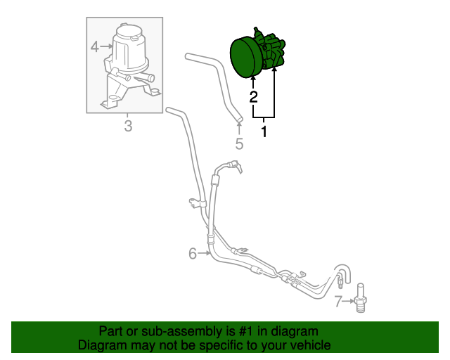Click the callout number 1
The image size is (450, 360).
[264, 131]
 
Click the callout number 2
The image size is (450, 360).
[253, 96]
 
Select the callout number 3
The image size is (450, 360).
[128, 127]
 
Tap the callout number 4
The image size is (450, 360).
[94, 47]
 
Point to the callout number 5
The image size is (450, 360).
[239, 144]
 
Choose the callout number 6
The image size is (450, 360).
[192, 254]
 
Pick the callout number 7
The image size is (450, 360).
[338, 303]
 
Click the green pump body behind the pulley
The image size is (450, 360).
[274, 52]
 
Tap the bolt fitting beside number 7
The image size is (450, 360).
[361, 298]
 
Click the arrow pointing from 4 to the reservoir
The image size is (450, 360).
[106, 47]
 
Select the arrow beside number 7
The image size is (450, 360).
[348, 303]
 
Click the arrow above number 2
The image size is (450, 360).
[253, 82]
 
